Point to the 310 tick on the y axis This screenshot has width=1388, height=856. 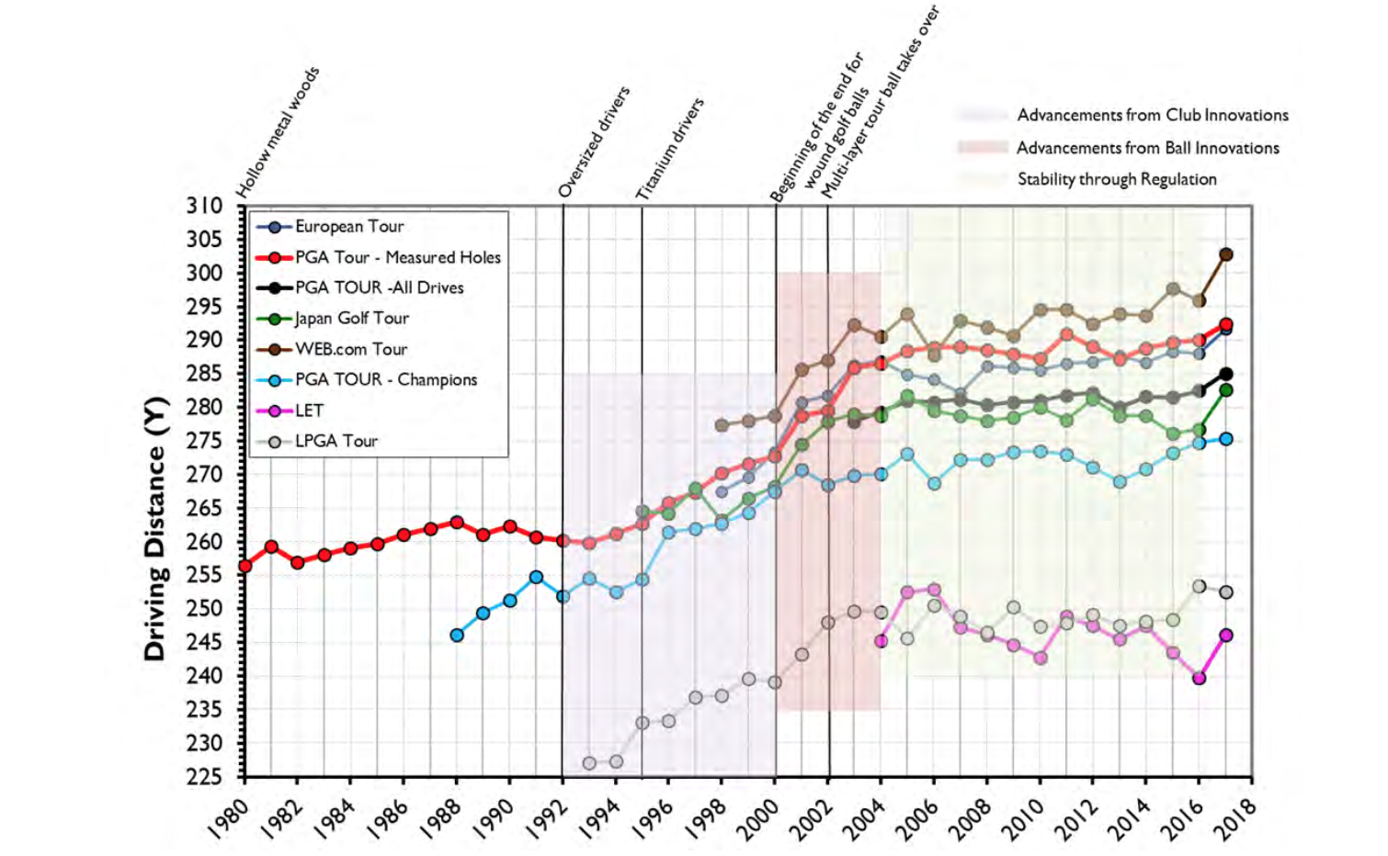pyautogui.click(x=204, y=206)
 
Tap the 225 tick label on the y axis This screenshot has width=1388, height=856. pyautogui.click(x=204, y=777)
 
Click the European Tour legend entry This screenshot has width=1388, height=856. pyautogui.click(x=349, y=227)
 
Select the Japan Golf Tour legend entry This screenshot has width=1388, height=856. pyautogui.click(x=351, y=319)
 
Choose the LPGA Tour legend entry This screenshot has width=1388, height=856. pyautogui.click(x=336, y=442)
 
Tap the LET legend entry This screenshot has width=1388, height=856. pyautogui.click(x=309, y=411)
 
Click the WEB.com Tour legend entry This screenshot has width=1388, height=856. pyautogui.click(x=351, y=350)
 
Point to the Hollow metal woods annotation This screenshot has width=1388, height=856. pyautogui.click(x=278, y=132)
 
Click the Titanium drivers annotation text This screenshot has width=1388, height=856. pyautogui.click(x=670, y=149)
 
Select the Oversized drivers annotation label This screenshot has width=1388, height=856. pyautogui.click(x=595, y=141)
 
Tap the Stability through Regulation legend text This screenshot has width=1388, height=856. pyautogui.click(x=1116, y=180)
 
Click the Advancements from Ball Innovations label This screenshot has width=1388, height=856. pyautogui.click(x=1147, y=148)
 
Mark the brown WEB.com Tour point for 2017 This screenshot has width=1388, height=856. pyautogui.click(x=1225, y=254)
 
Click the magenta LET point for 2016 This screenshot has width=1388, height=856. pyautogui.click(x=1199, y=679)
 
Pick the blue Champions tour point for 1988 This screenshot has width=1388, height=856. pyautogui.click(x=457, y=635)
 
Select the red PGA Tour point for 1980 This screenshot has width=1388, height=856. pyautogui.click(x=245, y=567)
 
